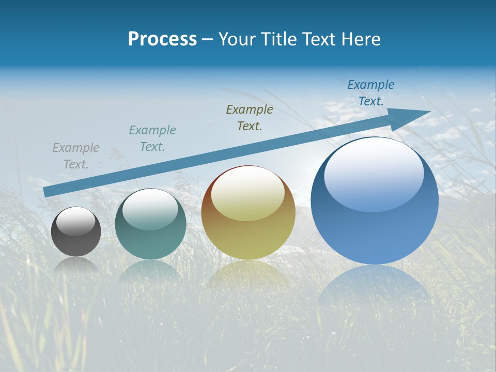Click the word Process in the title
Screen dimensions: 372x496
pyautogui.click(x=162, y=39)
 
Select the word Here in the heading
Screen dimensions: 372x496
pyautogui.click(x=362, y=39)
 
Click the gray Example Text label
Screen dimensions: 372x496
pyautogui.click(x=76, y=156)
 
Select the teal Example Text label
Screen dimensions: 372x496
pyautogui.click(x=152, y=138)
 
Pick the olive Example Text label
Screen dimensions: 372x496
pyautogui.click(x=250, y=117)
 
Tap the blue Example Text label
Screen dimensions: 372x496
pyautogui.click(x=371, y=93)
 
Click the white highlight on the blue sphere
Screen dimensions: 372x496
pyautogui.click(x=374, y=173)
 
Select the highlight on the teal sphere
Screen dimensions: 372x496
pyautogui.click(x=150, y=210)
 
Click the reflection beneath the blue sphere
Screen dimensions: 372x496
pyautogui.click(x=373, y=284)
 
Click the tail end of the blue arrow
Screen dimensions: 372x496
pyautogui.click(x=48, y=192)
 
